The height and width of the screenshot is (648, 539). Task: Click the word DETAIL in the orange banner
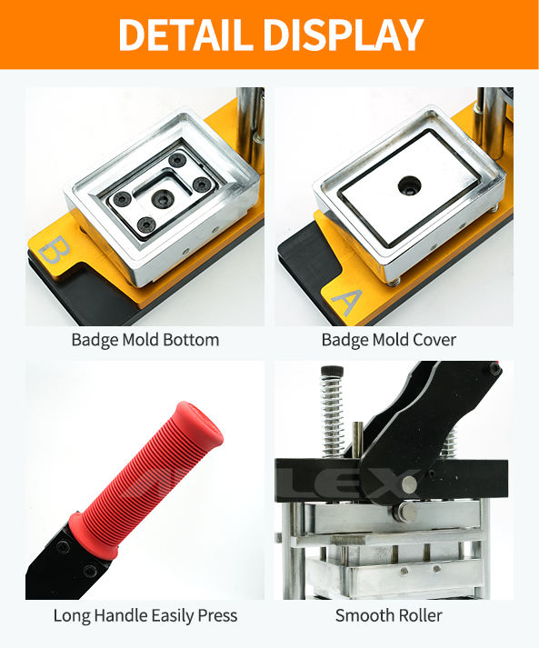coord(185,35)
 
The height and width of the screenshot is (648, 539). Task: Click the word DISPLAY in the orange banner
coord(344,35)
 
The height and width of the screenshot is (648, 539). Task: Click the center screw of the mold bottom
coord(161,199)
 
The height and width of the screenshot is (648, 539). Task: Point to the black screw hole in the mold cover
coord(408,185)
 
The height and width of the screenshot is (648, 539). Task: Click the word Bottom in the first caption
coord(191,340)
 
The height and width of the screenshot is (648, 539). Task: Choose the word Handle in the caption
coord(120,615)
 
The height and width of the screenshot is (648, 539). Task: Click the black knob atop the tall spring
coord(332,370)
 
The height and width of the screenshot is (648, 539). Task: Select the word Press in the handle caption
coord(217,615)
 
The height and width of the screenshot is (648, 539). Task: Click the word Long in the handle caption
coord(72,616)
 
